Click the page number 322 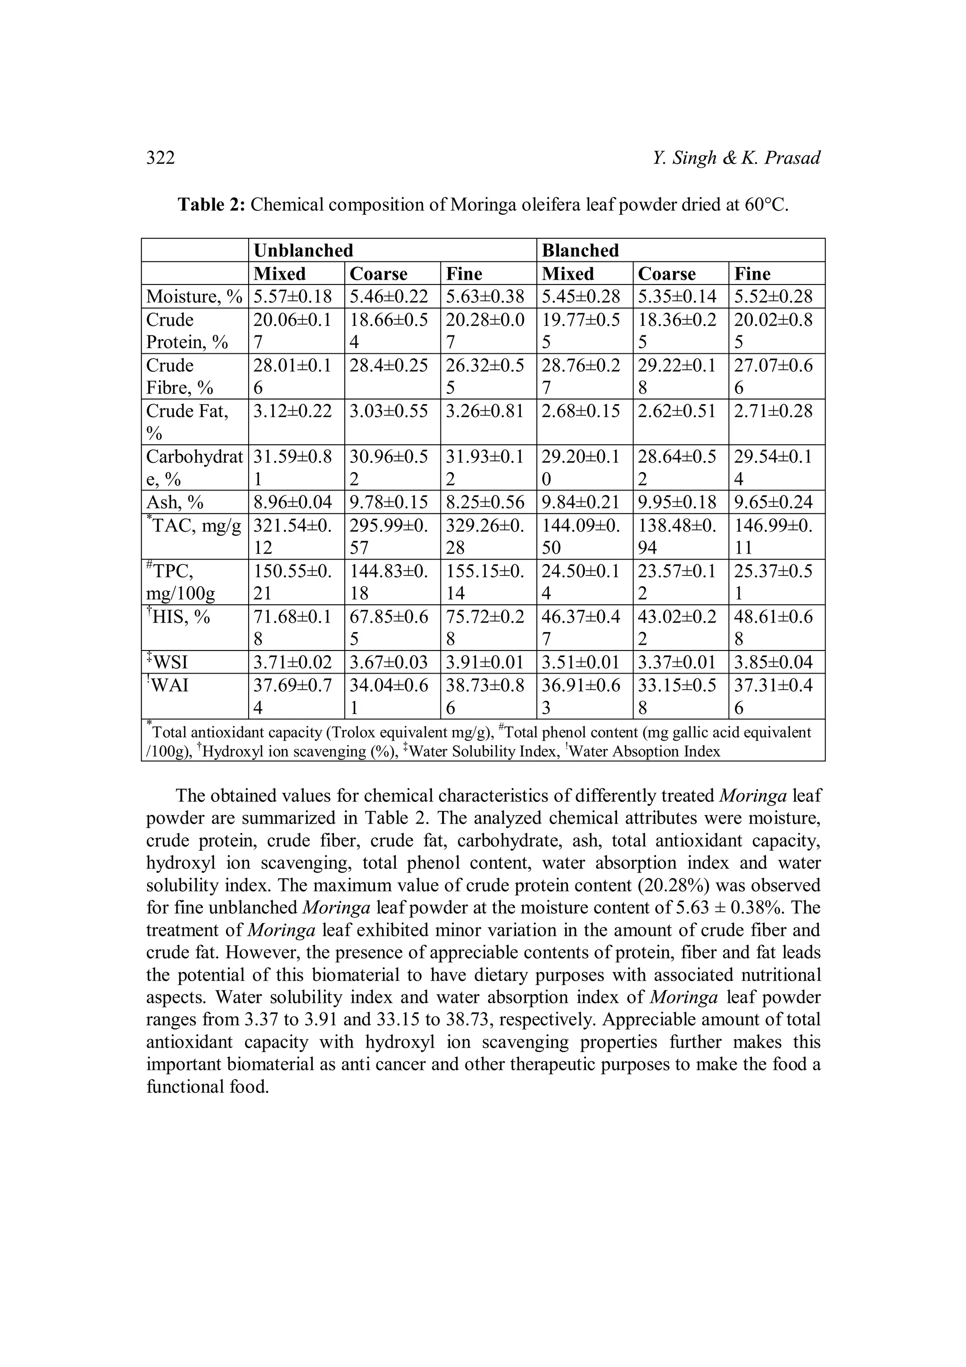(161, 158)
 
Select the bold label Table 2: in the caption (211, 205)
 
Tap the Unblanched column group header (304, 250)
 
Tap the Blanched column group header (580, 250)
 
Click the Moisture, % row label (194, 297)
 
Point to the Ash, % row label (175, 502)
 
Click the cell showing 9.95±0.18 (677, 502)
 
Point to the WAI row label (170, 685)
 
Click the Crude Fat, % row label (187, 422)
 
